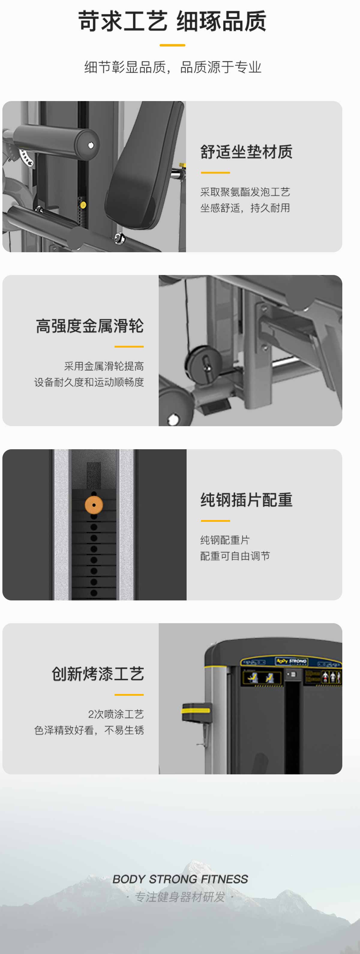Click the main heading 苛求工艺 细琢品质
point(172,21)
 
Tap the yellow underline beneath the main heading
point(172,45)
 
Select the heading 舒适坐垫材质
point(246,152)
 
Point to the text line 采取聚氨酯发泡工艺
point(245,192)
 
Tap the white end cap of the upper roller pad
point(91,145)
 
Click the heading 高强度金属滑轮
point(90,326)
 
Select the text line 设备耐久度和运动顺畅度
point(89,382)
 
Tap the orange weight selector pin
point(94,505)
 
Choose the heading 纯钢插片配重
point(246,500)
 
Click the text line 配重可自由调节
point(235,556)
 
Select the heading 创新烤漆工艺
point(98,674)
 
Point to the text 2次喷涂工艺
point(116,714)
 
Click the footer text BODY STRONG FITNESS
point(180,879)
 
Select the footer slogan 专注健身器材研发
point(180,897)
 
